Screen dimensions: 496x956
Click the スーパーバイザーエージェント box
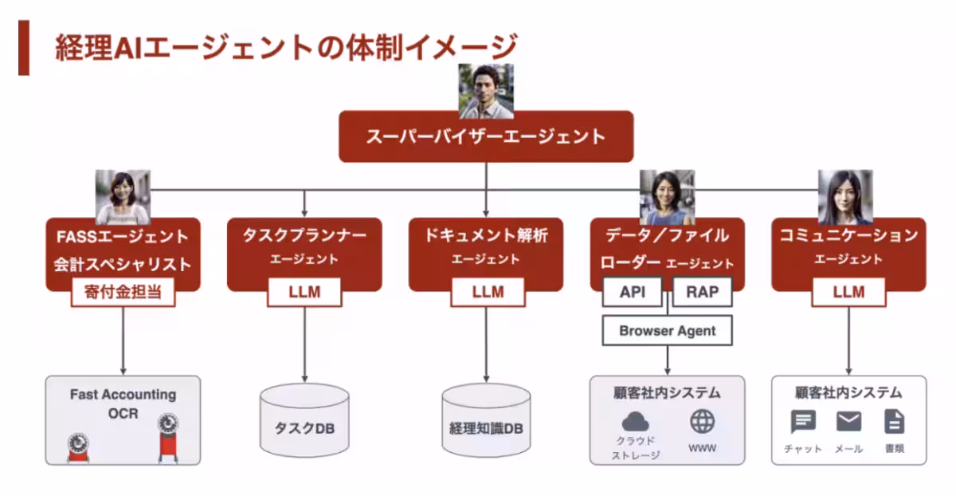point(486,136)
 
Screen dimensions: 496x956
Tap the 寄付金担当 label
point(123,293)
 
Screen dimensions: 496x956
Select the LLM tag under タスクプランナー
point(304,293)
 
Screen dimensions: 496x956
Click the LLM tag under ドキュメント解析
point(487,293)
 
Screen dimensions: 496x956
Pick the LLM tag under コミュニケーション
point(848,293)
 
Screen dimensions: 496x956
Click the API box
point(633,292)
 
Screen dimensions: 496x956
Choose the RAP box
point(702,292)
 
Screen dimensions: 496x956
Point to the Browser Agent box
point(667,330)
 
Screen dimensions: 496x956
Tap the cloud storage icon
point(636,421)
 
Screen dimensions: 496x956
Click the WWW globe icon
point(702,420)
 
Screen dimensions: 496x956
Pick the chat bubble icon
point(803,422)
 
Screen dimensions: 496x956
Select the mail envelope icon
point(848,421)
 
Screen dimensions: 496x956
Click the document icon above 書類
point(894,421)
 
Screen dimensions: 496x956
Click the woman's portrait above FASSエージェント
point(123,197)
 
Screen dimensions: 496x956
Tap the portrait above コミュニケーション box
point(845,197)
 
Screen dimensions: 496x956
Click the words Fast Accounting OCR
point(123,403)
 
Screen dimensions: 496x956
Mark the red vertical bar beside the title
point(24,48)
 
